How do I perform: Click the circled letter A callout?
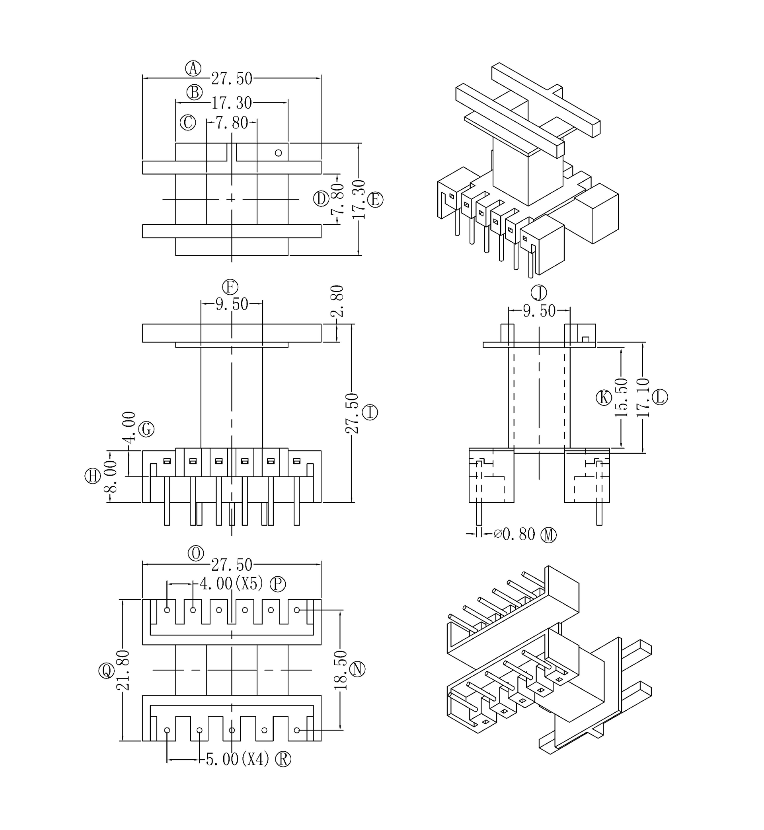coord(193,68)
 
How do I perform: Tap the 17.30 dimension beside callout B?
coord(232,103)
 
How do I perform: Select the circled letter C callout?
coord(188,123)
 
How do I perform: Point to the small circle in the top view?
coord(278,153)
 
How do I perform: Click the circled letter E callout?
coord(375,200)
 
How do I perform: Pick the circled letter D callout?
coord(321,199)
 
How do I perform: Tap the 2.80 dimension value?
coord(337,301)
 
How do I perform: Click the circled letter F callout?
coord(230,287)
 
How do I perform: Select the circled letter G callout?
coord(146,429)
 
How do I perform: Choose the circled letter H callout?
coord(93,476)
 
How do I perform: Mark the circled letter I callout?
coord(370,412)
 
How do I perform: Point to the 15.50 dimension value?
coord(621,397)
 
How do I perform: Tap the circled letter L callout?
coord(660,397)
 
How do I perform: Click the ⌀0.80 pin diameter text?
coord(515,534)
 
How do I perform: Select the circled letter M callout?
coord(550,535)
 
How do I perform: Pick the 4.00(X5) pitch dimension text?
coord(232,584)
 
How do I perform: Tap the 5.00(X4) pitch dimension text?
coord(237,759)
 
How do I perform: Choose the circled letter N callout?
coord(358,669)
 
